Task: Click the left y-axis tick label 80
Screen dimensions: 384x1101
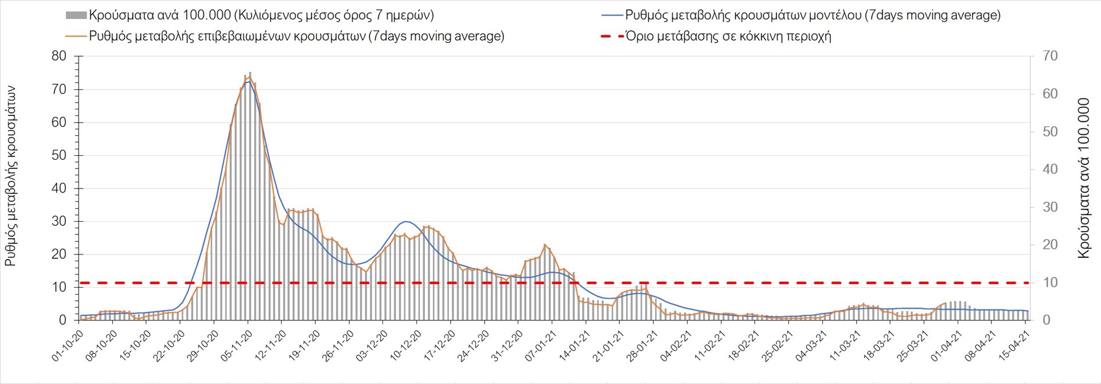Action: [59, 56]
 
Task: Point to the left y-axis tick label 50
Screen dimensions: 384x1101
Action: [59, 155]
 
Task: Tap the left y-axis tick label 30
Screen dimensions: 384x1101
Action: [59, 221]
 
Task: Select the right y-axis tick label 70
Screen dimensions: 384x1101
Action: [1050, 56]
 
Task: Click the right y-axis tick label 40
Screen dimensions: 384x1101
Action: [1050, 169]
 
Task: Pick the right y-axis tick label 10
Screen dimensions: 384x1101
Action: [1050, 283]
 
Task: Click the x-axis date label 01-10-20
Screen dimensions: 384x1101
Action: [67, 346]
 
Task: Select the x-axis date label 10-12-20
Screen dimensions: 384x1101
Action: [405, 346]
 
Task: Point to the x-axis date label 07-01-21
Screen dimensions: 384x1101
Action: [540, 346]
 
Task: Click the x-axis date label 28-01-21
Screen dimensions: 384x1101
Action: [642, 346]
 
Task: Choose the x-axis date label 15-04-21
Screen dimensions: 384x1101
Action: [1014, 346]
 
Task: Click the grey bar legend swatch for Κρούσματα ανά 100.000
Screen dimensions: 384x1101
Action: [76, 15]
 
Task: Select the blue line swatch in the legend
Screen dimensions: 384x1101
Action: [611, 15]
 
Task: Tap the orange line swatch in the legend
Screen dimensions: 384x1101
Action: [76, 36]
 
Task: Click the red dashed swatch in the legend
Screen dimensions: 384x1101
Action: [611, 36]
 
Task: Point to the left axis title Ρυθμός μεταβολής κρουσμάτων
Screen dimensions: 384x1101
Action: [10, 176]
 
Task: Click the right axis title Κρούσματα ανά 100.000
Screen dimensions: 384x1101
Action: [1083, 178]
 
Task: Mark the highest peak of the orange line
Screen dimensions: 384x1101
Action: [249, 77]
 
